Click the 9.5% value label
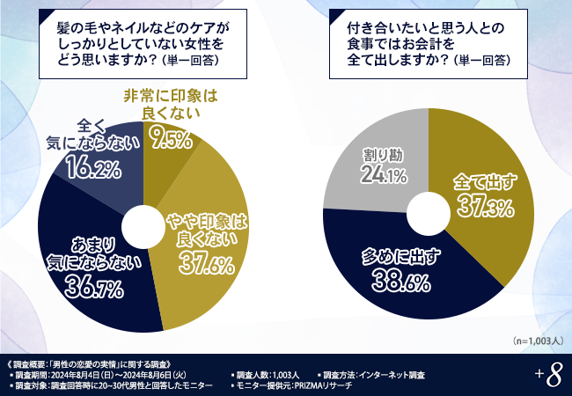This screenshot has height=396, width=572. click(171, 138)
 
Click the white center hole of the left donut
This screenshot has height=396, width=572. click(143, 225)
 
